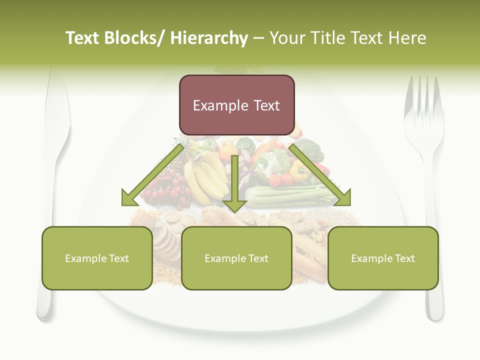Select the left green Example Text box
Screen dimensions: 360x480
[97, 258]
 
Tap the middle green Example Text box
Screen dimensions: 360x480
[236, 258]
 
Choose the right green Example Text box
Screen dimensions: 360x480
[383, 258]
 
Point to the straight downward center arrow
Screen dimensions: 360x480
[234, 185]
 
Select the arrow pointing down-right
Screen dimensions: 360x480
[320, 175]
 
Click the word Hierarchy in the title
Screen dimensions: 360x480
[209, 38]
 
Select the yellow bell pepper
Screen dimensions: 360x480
[299, 170]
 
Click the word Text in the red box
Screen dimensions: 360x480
[267, 105]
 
